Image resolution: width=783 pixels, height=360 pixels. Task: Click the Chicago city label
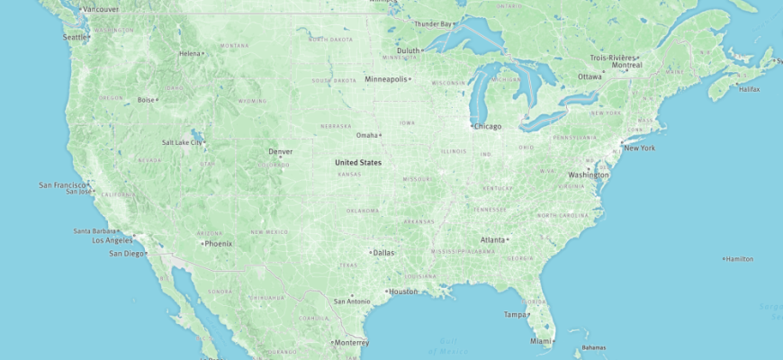pyautogui.click(x=489, y=126)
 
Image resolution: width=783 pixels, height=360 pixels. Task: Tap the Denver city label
pyautogui.click(x=280, y=151)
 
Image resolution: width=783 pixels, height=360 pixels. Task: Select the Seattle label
pyautogui.click(x=75, y=37)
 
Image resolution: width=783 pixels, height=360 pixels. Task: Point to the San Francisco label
pyautogui.click(x=61, y=184)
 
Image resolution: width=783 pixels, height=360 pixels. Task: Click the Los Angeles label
pyautogui.click(x=112, y=240)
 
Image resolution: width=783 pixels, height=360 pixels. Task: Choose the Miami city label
pyautogui.click(x=540, y=341)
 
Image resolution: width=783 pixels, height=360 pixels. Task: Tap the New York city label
pyautogui.click(x=639, y=148)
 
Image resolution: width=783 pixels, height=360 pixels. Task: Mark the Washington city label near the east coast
pyautogui.click(x=589, y=175)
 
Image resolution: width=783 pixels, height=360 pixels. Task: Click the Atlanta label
pyautogui.click(x=492, y=239)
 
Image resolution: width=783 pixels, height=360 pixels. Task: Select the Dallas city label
pyautogui.click(x=383, y=252)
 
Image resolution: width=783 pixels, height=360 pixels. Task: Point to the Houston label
pyautogui.click(x=403, y=291)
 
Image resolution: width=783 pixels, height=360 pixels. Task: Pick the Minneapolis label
pyautogui.click(x=385, y=79)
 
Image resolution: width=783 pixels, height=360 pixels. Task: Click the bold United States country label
pyautogui.click(x=358, y=163)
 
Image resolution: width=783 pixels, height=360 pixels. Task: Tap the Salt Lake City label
pyautogui.click(x=181, y=142)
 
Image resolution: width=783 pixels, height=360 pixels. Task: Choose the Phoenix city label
pyautogui.click(x=219, y=243)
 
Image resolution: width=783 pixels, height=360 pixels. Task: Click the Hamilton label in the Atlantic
pyautogui.click(x=740, y=258)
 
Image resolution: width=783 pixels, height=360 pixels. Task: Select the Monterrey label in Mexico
pyautogui.click(x=351, y=342)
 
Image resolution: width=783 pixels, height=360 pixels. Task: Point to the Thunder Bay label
pyautogui.click(x=432, y=23)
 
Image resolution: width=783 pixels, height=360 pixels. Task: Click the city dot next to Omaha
pyautogui.click(x=381, y=136)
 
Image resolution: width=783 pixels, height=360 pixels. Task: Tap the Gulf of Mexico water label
pyautogui.click(x=447, y=346)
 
